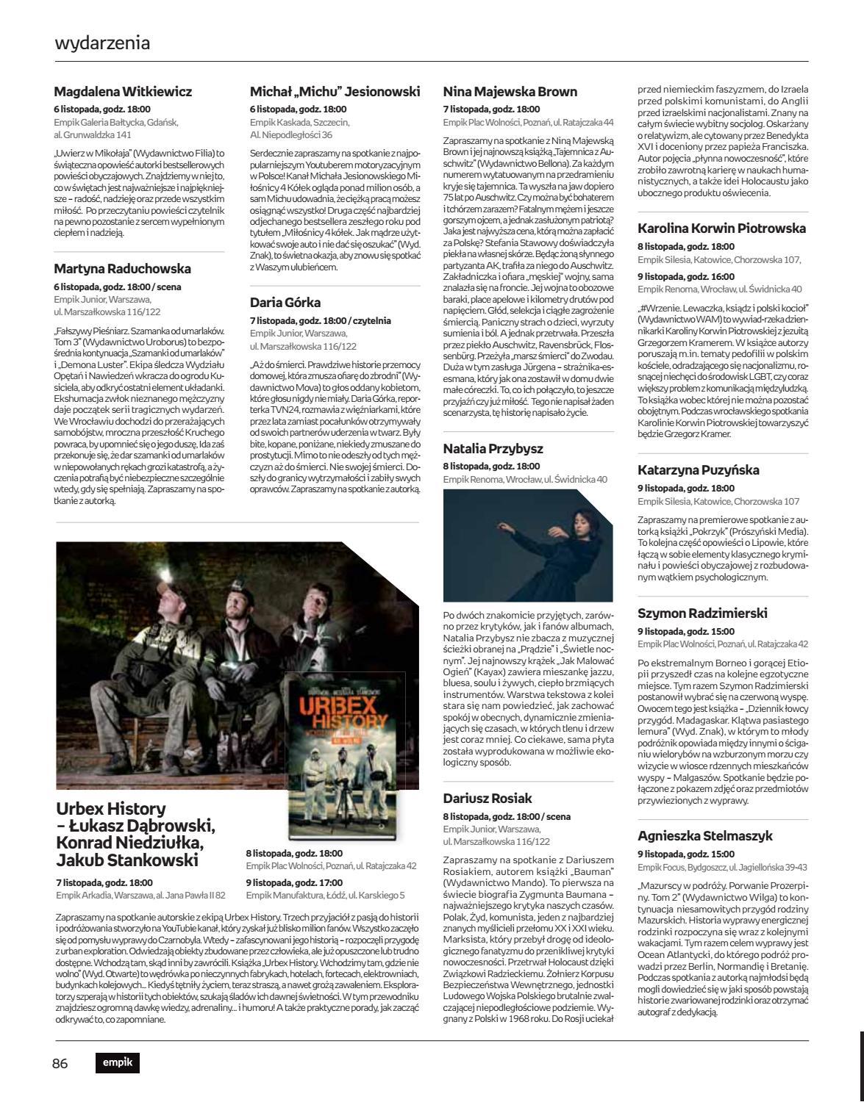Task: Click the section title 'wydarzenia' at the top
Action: pos(102,43)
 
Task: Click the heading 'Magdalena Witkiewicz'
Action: pos(123,92)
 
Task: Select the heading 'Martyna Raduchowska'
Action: pos(122,269)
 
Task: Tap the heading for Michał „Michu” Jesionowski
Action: pos(335,92)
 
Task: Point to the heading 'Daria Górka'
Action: pos(285,303)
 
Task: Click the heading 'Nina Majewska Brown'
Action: pos(510,92)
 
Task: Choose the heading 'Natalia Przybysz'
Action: pos(493,449)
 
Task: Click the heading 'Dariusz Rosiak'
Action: pos(488,799)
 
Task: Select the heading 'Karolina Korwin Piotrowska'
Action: pos(721,228)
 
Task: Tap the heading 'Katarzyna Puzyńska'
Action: pos(699,470)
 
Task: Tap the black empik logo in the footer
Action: pos(117,1062)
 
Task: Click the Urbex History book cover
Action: pos(345,757)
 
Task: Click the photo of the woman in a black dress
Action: pos(528,546)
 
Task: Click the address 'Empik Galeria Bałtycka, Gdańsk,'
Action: pos(116,123)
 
